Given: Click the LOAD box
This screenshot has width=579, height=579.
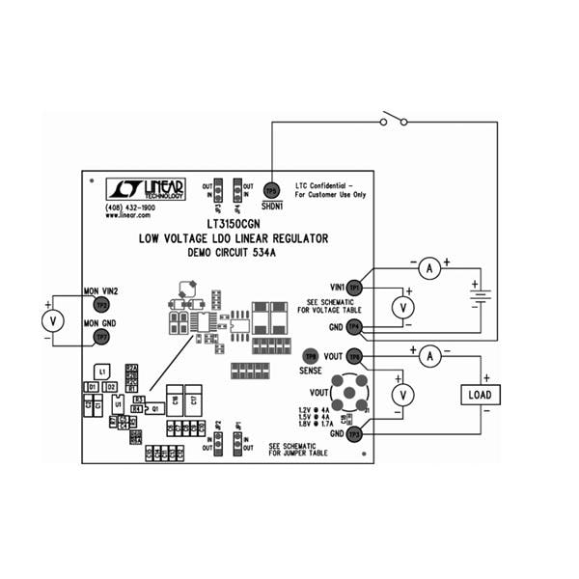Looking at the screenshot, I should (479, 395).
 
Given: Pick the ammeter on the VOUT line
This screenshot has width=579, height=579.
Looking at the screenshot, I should (432, 356).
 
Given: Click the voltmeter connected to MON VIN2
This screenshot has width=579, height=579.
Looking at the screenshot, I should (55, 319).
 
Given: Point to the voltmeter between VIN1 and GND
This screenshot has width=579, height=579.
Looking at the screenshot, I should (406, 307).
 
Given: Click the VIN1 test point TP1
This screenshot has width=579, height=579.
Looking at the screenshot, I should (354, 288).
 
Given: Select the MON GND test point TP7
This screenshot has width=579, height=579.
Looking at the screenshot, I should (101, 336).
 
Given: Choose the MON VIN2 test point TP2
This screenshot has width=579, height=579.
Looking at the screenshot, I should (101, 305).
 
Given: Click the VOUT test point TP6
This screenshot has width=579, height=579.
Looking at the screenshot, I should (354, 356).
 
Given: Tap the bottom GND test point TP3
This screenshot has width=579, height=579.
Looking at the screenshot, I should (354, 434).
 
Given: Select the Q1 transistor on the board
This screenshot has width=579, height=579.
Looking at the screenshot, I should (154, 408).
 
